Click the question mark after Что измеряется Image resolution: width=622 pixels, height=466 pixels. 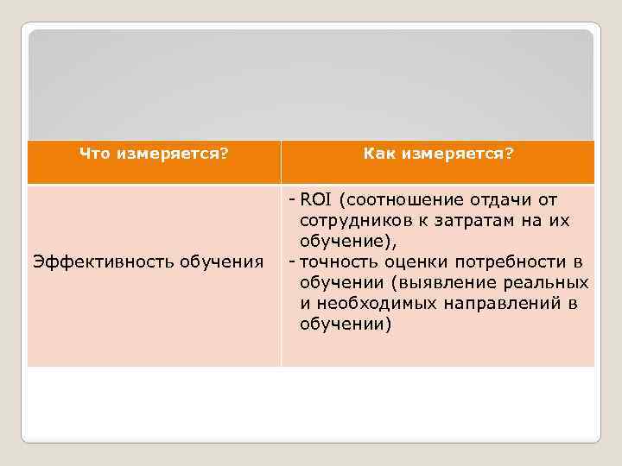pyautogui.click(x=225, y=154)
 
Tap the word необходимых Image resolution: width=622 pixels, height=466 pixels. pyautogui.click(x=372, y=304)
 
